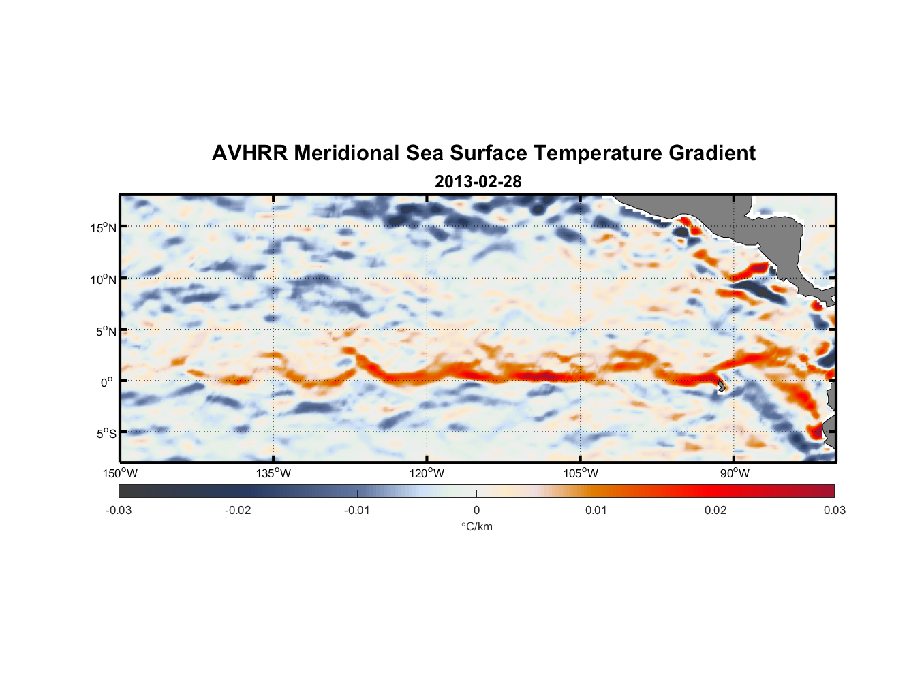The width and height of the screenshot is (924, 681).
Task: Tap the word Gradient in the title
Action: pos(711,153)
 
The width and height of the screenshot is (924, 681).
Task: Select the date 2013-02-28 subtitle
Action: pos(478,182)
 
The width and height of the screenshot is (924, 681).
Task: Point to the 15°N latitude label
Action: pos(104,227)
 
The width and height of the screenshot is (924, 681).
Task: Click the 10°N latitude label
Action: pos(104,279)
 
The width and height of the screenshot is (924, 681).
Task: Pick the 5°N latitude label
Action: pos(106,331)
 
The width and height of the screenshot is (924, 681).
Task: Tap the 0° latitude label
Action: pos(107,382)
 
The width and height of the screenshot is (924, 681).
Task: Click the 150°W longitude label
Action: pos(121,473)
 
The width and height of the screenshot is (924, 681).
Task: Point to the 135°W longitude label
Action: pos(274,473)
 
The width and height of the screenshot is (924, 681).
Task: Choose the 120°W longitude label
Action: pos(427,473)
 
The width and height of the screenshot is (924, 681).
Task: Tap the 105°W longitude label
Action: pos(581,473)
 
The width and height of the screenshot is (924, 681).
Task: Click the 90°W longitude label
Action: pos(735,473)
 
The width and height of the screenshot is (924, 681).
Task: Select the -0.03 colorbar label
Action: pos(119,510)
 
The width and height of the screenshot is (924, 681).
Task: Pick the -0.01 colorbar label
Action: pos(357,510)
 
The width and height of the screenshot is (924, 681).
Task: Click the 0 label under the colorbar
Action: pos(476,510)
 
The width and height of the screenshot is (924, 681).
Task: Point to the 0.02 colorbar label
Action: pos(715,510)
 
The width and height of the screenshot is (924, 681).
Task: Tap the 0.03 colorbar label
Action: pos(834,510)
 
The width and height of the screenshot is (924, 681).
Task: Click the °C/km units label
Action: pos(477,526)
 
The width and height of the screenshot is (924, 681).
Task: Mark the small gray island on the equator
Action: pos(721,385)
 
